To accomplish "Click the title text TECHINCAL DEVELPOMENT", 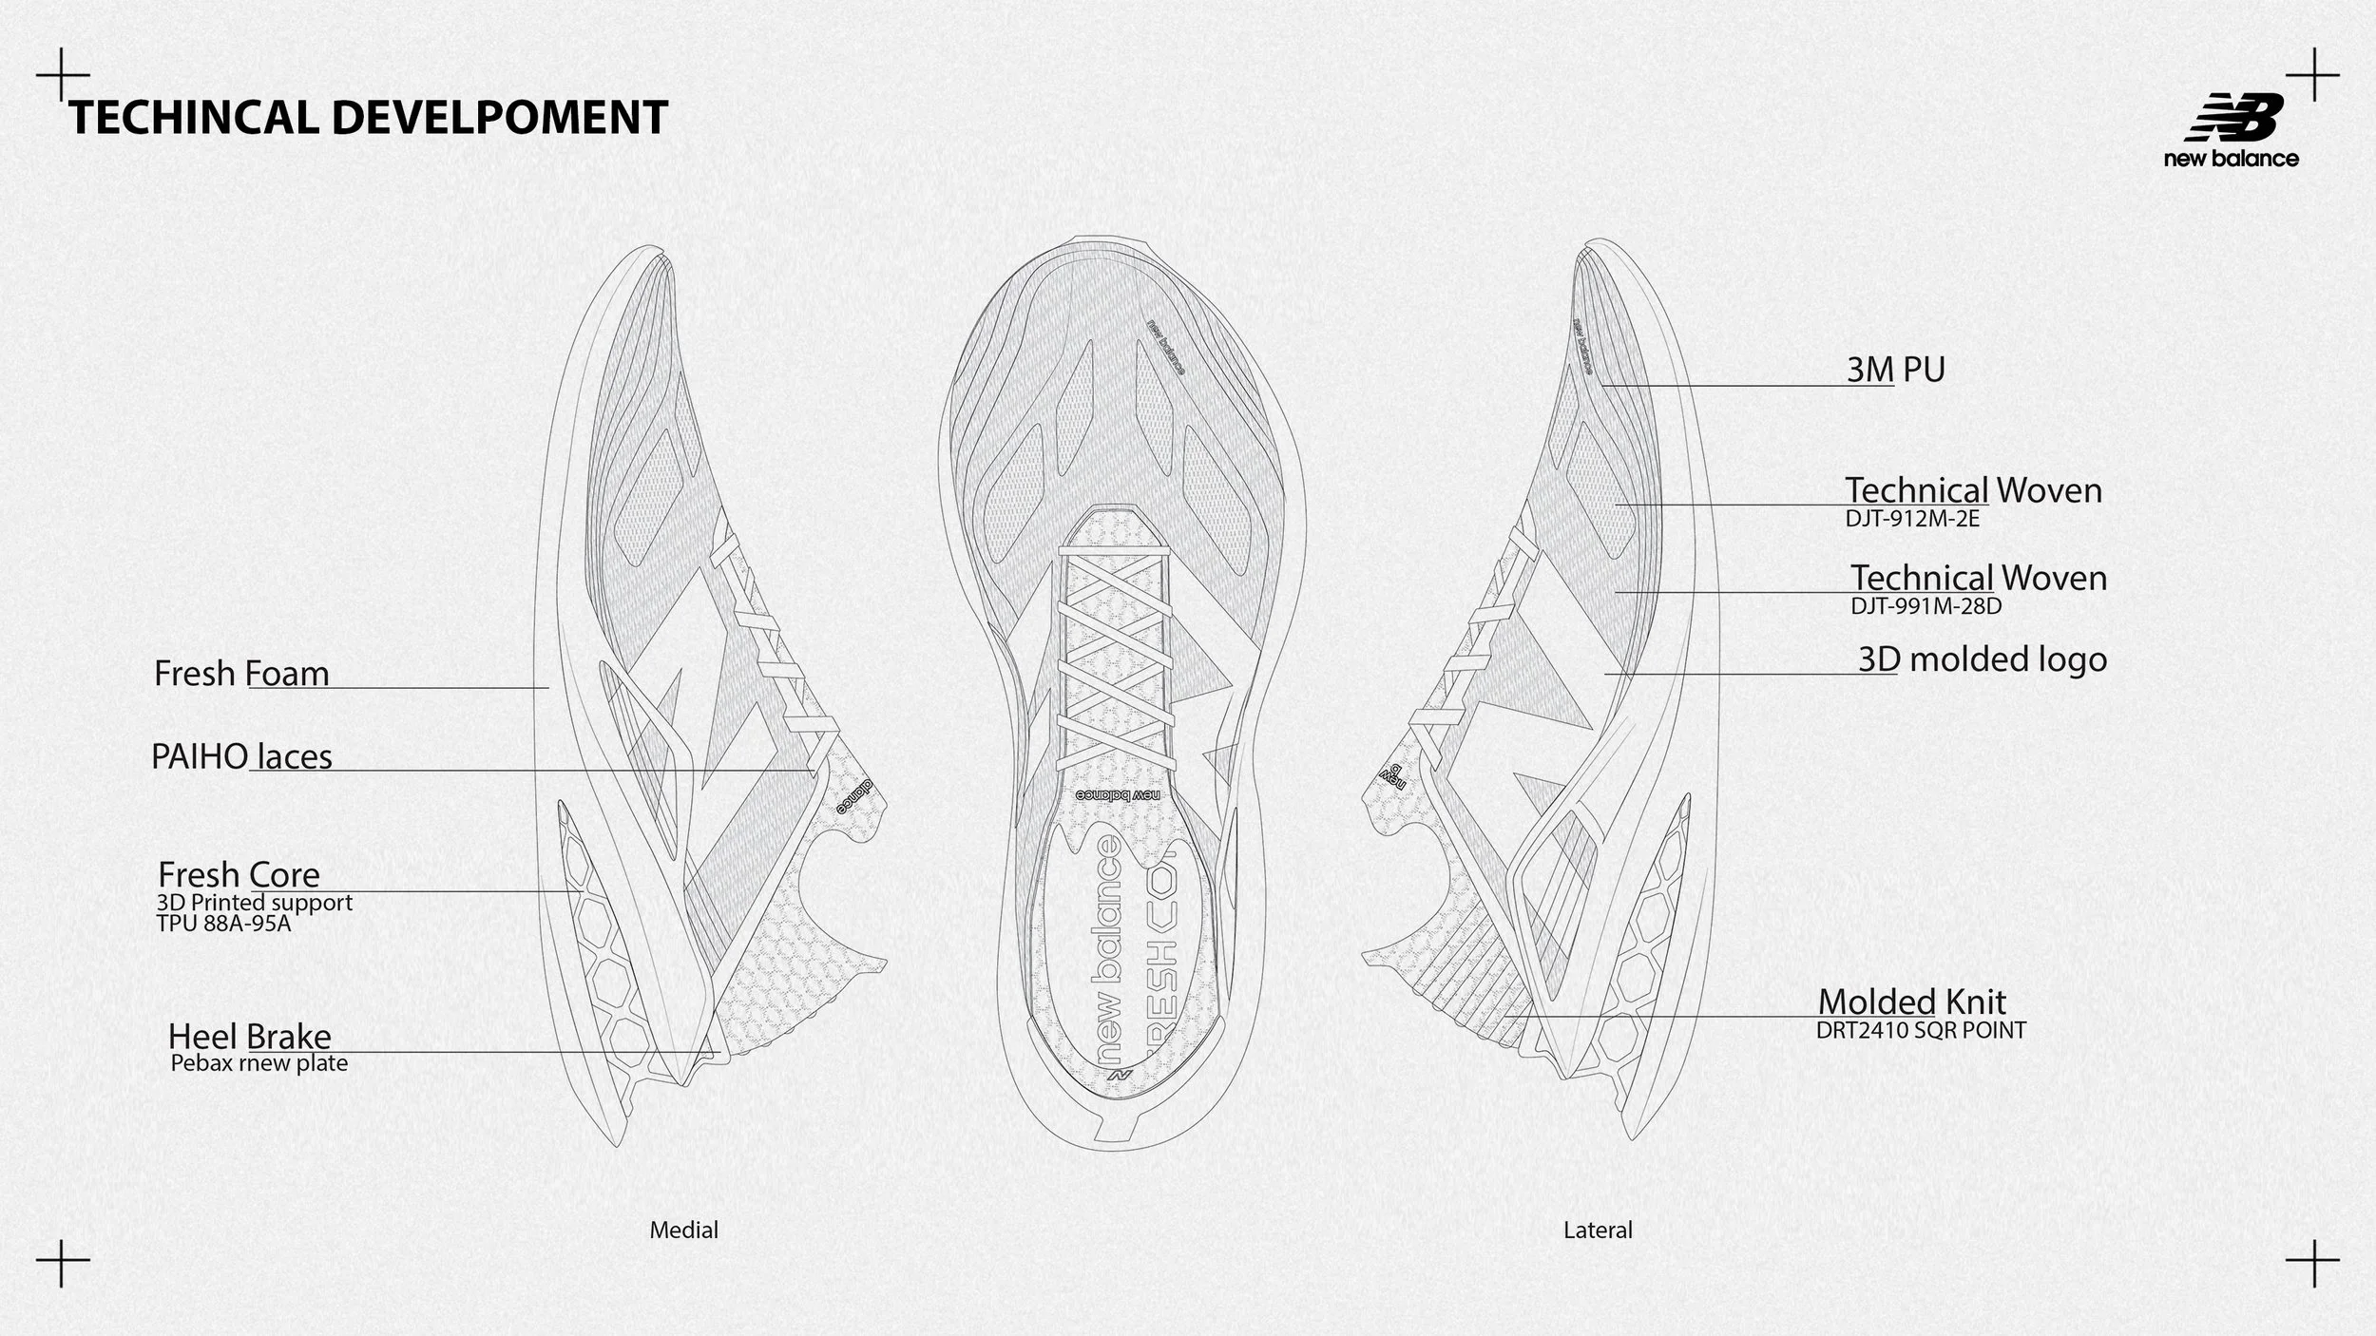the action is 368,118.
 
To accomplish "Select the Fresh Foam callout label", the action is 241,674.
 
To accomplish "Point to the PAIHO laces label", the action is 241,757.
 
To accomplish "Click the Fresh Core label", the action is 239,874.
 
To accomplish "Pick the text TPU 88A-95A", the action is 223,923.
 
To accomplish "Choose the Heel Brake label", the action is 249,1037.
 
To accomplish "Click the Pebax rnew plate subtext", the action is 259,1063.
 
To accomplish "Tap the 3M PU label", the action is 1895,370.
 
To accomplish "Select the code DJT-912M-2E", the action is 1912,519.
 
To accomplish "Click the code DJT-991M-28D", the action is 1926,605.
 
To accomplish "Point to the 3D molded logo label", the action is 1983,659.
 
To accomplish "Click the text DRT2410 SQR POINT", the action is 1921,1030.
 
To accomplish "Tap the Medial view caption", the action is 683,1231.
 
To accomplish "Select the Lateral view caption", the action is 1598,1231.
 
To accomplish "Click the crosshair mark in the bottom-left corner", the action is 63,1264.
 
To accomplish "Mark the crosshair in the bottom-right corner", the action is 2312,1264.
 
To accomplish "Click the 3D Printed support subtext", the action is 255,903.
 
